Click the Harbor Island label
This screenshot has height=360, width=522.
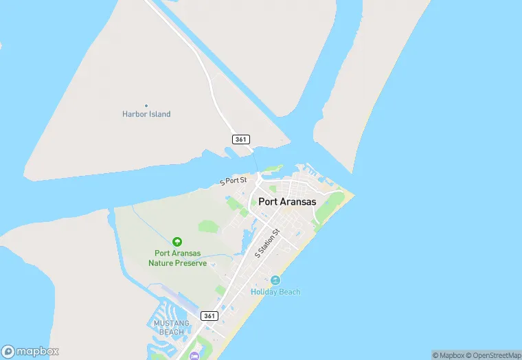[146, 114]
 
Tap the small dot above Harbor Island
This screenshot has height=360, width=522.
[146, 105]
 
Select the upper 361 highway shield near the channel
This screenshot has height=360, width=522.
[240, 139]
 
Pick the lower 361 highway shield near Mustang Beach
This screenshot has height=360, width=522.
[210, 316]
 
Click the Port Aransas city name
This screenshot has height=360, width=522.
[287, 202]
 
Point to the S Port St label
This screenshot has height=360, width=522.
[233, 181]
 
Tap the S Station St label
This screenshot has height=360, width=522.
[268, 243]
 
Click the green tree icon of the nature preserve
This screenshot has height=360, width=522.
[177, 242]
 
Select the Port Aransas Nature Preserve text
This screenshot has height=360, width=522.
[177, 258]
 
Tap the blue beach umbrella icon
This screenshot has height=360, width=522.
[275, 280]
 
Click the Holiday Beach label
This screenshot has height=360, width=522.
[275, 292]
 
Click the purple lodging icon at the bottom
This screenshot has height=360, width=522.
[194, 355]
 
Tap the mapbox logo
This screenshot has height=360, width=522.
[30, 350]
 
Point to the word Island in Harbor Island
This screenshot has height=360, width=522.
[159, 114]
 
